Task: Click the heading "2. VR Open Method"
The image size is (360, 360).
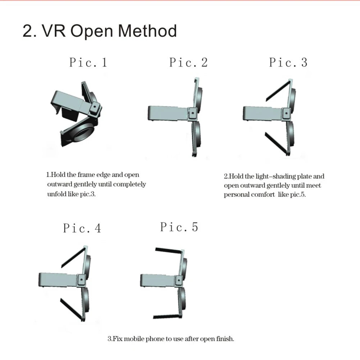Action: [x=100, y=31]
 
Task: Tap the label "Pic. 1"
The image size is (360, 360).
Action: [x=88, y=63]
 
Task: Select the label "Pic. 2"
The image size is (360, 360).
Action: [x=188, y=62]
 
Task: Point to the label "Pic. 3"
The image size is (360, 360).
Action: [x=288, y=62]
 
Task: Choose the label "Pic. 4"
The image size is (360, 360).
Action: [x=82, y=228]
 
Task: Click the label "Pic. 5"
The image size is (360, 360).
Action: [x=179, y=227]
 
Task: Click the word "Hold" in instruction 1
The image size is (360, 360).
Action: [x=58, y=175]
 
